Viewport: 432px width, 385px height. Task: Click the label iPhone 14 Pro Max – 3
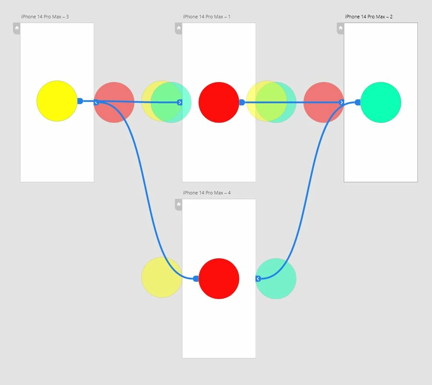(x=45, y=17)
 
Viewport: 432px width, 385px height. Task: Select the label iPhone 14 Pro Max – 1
(x=207, y=17)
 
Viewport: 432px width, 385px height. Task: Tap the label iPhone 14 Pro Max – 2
(x=369, y=17)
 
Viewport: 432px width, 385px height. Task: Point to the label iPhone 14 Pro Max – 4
(x=207, y=193)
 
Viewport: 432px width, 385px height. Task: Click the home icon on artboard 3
(x=17, y=28)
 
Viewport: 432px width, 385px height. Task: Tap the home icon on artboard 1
(x=179, y=28)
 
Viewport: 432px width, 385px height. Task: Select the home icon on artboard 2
(x=340, y=28)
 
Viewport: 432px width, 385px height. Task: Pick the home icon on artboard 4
(x=179, y=204)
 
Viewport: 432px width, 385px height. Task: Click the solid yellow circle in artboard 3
(x=57, y=101)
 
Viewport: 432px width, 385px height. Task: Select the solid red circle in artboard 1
(x=219, y=102)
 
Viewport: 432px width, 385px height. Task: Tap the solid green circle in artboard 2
(x=381, y=102)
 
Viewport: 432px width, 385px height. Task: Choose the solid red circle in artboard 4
(x=219, y=278)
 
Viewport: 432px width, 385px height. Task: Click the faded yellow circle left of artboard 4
(x=162, y=277)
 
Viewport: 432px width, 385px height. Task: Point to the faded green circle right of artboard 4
(x=276, y=278)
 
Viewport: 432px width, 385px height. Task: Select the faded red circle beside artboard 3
(x=114, y=102)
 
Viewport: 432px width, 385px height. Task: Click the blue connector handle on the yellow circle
(x=80, y=101)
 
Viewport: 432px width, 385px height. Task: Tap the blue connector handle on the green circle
(x=358, y=102)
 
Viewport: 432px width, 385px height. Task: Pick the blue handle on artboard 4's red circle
(x=196, y=278)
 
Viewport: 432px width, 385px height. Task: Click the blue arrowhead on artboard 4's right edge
(x=258, y=279)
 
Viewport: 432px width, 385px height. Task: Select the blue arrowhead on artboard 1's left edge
(x=180, y=102)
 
